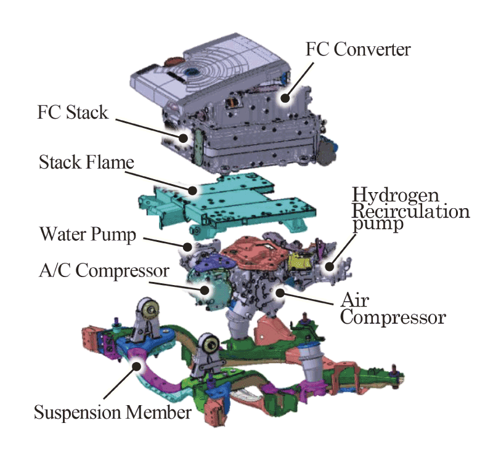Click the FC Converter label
pos(357,49)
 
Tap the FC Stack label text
pos(73,113)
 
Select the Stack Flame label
pos(86,163)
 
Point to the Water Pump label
pos(87,235)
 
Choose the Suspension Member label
pos(112,412)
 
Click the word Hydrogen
pos(396,196)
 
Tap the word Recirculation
pos(410,211)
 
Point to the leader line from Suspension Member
pos(121,384)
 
